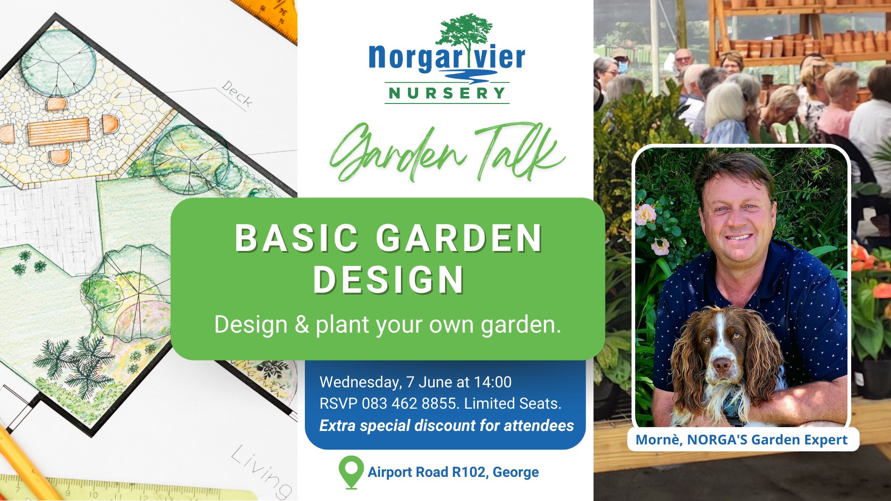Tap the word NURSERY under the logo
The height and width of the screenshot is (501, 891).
(447, 93)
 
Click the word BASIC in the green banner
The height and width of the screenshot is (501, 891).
(297, 238)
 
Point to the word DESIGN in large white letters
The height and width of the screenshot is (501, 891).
(389, 280)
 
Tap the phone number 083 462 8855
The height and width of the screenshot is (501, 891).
(409, 404)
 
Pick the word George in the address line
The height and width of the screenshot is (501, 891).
(516, 472)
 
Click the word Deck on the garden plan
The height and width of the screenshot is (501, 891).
(237, 94)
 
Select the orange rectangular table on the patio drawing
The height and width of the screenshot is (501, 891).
(58, 131)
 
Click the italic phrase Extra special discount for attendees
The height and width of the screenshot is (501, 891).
(446, 426)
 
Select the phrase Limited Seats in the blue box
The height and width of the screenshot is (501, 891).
(513, 404)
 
